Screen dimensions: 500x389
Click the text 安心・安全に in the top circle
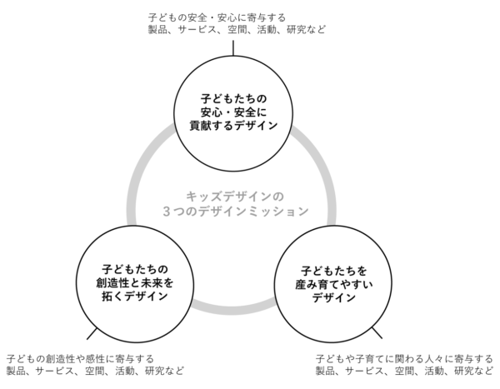233,112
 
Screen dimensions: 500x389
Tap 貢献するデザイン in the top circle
233,126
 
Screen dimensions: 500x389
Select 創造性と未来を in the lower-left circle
134,283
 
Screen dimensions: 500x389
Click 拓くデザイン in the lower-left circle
134,297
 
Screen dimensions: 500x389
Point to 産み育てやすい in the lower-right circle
333,284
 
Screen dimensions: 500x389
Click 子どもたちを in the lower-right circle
333,271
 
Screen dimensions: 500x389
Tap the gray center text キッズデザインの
235,197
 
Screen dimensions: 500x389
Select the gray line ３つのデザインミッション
235,211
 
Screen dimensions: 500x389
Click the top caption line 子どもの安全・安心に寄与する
217,17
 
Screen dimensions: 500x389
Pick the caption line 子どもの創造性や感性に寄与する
80,359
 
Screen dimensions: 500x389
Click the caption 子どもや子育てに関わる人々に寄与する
404,359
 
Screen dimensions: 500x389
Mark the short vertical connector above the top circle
233,47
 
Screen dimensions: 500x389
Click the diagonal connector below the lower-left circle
92,333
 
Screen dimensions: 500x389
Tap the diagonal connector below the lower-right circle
377,332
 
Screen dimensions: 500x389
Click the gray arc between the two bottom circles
233,310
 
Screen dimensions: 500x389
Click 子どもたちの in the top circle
233,99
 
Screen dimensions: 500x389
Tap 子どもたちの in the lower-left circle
134,269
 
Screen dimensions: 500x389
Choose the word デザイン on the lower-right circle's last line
333,298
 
